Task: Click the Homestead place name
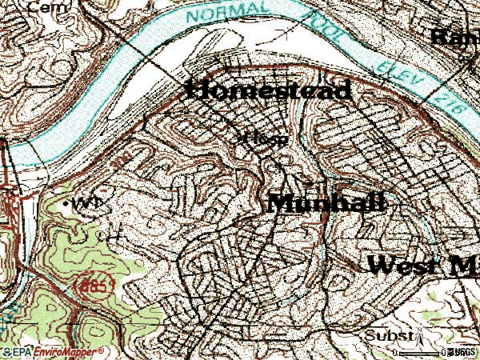pyautogui.click(x=268, y=90)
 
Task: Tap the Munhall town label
pyautogui.click(x=326, y=203)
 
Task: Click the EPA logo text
pyautogui.click(x=15, y=352)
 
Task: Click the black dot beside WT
pyautogui.click(x=66, y=204)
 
